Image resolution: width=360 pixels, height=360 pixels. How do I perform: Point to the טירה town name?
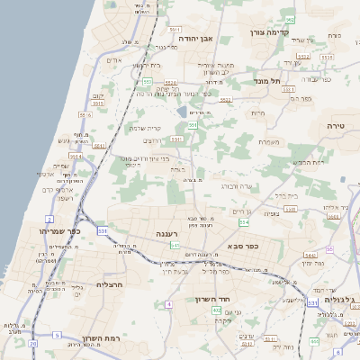(x=337, y=126)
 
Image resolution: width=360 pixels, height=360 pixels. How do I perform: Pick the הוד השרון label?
(x=213, y=299)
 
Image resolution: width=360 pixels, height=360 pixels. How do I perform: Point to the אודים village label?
(x=114, y=60)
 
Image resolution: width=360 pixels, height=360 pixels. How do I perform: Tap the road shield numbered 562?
(x=289, y=19)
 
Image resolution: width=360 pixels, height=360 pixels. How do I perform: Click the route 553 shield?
(x=147, y=81)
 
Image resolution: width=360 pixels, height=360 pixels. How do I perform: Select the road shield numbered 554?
(x=244, y=221)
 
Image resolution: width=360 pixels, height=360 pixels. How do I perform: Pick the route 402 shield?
(x=217, y=310)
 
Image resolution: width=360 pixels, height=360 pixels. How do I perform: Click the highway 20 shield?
(x=33, y=343)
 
